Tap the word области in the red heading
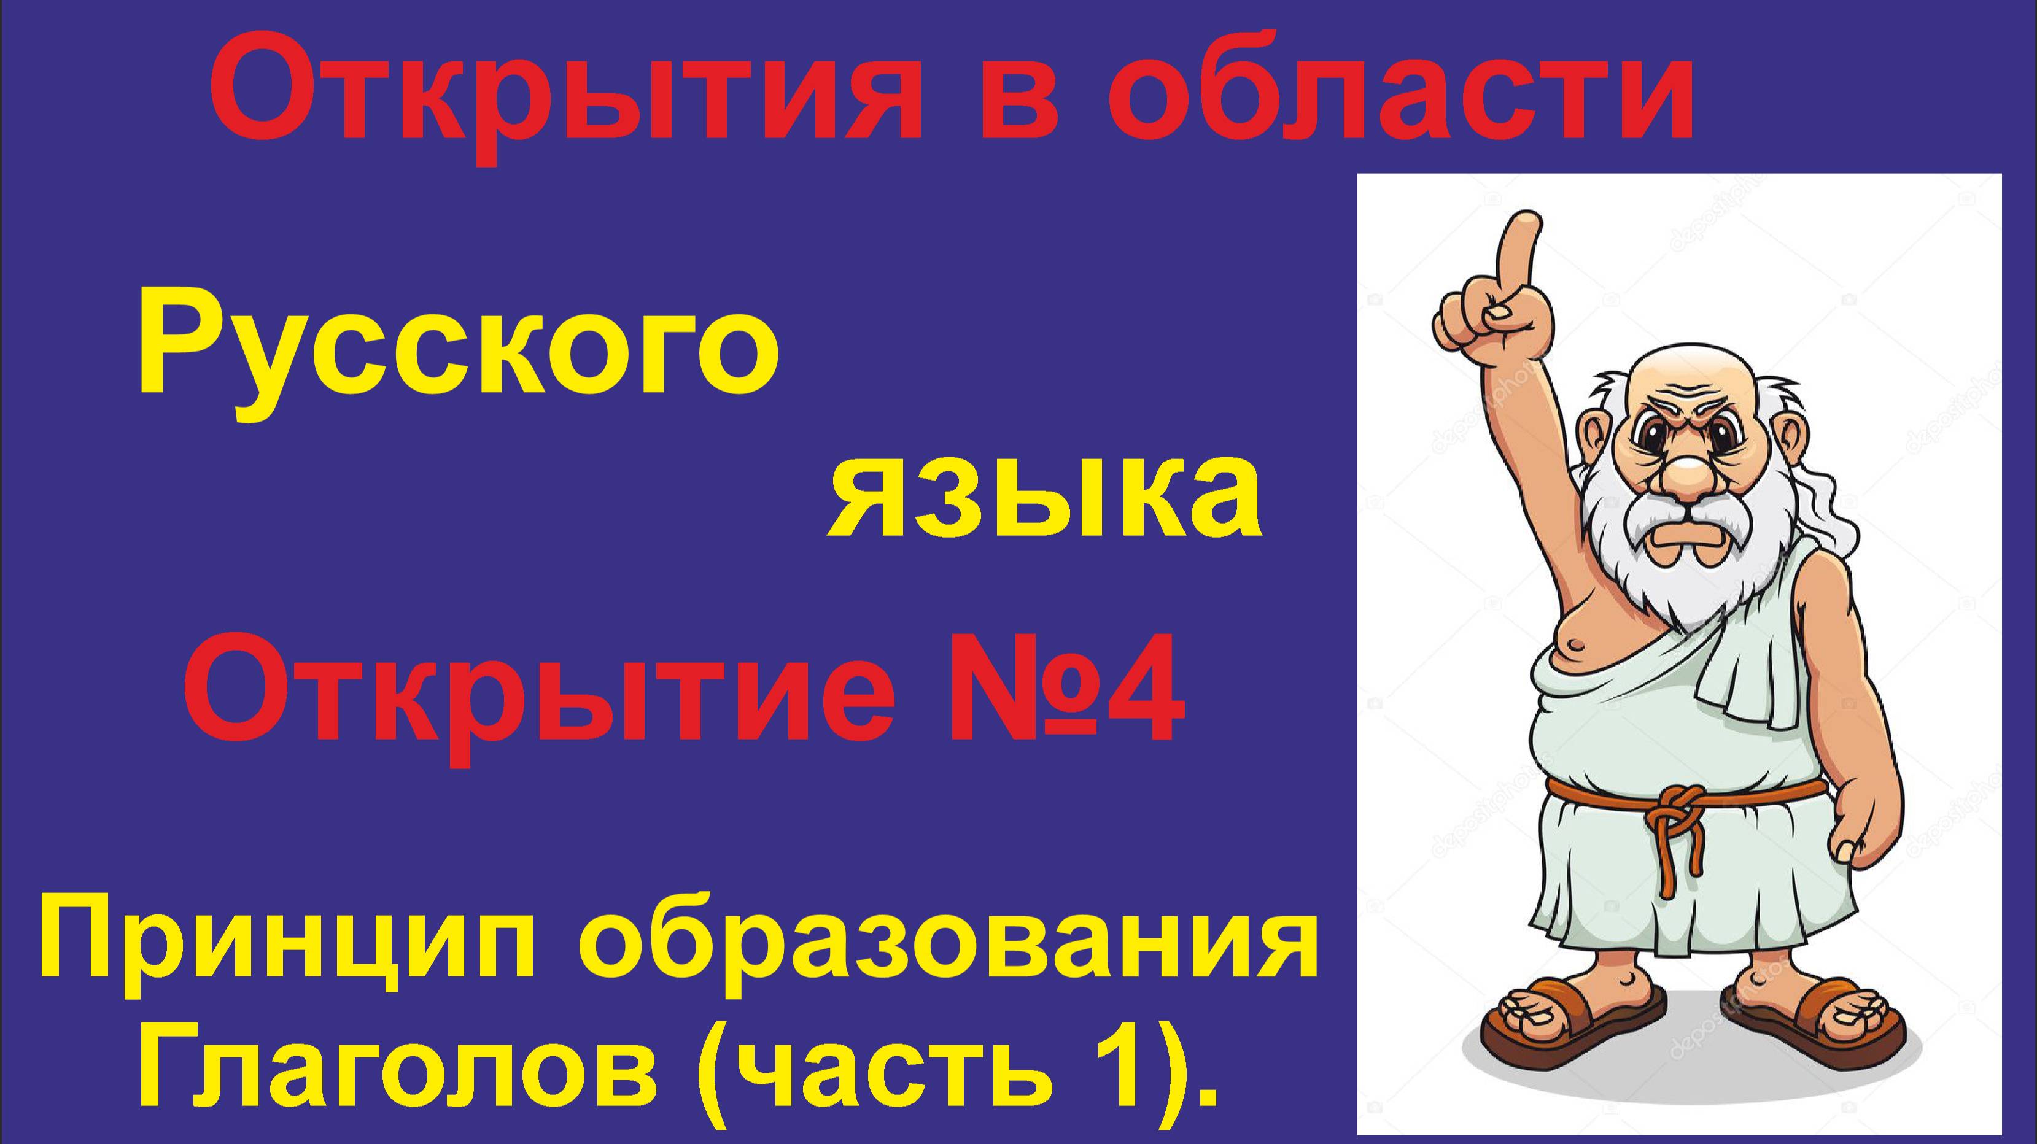tap(1400, 91)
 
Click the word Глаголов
tap(395, 1075)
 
